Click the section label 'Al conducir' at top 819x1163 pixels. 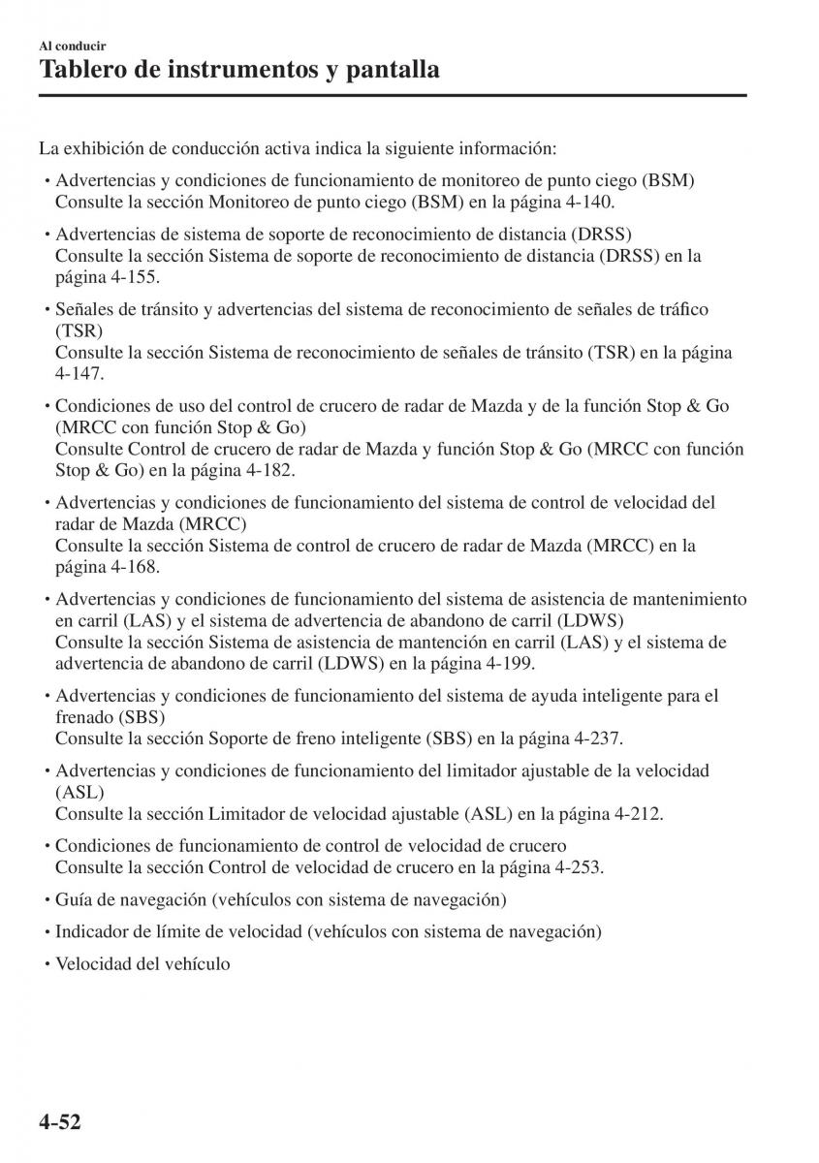coord(73,46)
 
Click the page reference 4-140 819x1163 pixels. coord(585,203)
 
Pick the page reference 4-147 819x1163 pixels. coord(79,373)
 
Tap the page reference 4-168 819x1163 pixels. coord(132,566)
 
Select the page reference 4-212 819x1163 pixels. coord(634,813)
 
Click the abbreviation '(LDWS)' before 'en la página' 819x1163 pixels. coord(354,663)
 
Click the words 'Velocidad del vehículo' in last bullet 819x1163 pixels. coord(142,964)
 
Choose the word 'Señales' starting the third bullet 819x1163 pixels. coord(82,309)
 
